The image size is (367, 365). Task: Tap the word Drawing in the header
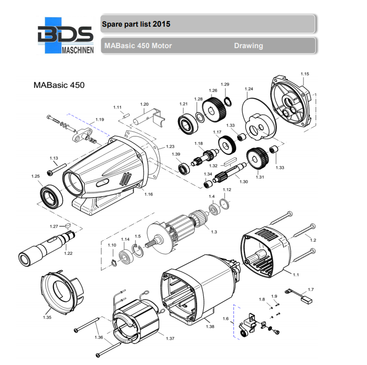click(x=248, y=46)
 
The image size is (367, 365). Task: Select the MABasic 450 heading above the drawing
click(x=59, y=86)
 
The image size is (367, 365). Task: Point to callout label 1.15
click(x=305, y=74)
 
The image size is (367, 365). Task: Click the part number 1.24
click(x=249, y=89)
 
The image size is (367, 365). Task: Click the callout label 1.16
click(x=148, y=193)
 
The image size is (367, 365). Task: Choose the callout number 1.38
click(x=210, y=326)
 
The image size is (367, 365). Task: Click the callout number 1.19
click(x=99, y=120)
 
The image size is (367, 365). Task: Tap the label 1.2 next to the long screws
click(x=313, y=240)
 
